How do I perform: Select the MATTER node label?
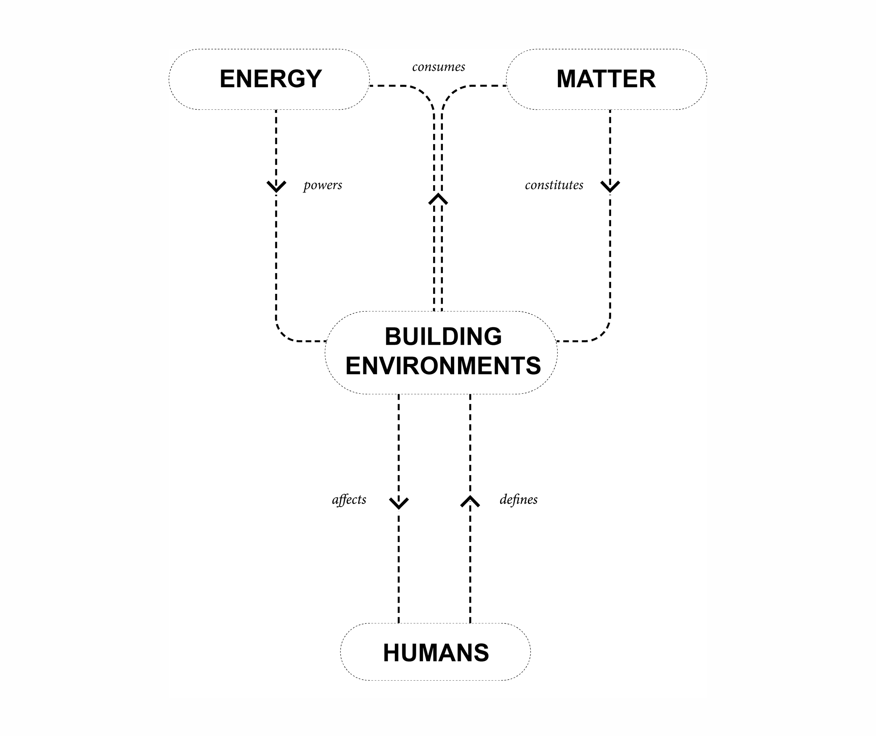point(606,79)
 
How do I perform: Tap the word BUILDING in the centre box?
point(443,337)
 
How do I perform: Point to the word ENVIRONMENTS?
point(443,366)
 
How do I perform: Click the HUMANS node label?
point(436,653)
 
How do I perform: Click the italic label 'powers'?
point(322,185)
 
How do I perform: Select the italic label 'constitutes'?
point(554,185)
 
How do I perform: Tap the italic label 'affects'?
point(349,499)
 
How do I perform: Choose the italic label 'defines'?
point(519,499)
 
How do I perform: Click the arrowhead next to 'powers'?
point(276,187)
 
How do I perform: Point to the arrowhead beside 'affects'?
point(399,503)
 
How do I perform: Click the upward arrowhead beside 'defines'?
point(470,501)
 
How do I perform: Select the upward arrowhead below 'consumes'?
point(438,199)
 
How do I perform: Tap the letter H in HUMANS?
point(392,653)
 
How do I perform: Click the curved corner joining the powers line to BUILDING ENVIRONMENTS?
point(283,334)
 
